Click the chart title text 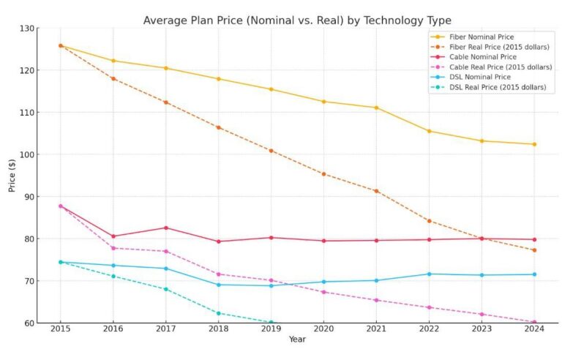click(x=297, y=20)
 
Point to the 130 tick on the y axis click(x=26, y=29)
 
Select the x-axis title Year click(x=297, y=340)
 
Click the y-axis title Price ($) click(x=12, y=176)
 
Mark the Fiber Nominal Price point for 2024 click(x=533, y=144)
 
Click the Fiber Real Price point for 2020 click(x=323, y=174)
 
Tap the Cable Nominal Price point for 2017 click(x=166, y=228)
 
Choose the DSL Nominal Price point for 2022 click(x=429, y=274)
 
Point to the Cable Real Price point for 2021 click(x=376, y=300)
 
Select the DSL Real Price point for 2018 click(x=219, y=313)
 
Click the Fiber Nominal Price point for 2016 click(x=113, y=61)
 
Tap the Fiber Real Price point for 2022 click(x=429, y=220)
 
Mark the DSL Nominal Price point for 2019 click(x=271, y=285)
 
